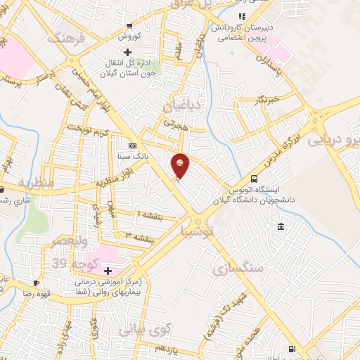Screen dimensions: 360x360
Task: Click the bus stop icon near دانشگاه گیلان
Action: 254,179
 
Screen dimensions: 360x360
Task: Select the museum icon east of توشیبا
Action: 281,226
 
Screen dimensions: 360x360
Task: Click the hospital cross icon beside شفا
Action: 108,271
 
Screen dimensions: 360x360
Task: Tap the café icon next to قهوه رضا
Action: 36,283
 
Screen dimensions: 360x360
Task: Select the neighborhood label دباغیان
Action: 182,106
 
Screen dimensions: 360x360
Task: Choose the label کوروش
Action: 129,35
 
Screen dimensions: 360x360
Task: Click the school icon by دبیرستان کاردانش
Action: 243,16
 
